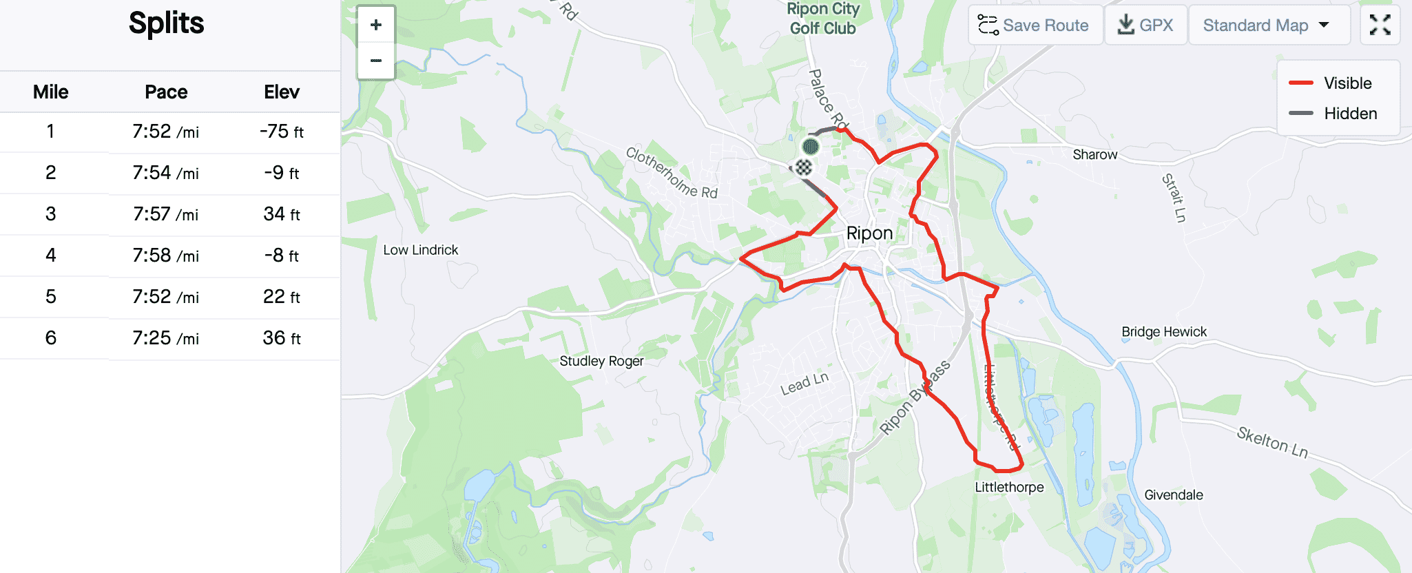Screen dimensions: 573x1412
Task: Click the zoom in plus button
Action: pos(376,25)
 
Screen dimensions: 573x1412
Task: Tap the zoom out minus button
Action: pos(376,61)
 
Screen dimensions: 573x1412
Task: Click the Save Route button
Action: pos(1035,25)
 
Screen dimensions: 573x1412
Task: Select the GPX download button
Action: pos(1145,25)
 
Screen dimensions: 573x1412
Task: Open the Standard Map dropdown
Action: pos(1268,25)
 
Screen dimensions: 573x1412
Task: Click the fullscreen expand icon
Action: pos(1380,25)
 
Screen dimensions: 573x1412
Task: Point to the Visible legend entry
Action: pos(1333,83)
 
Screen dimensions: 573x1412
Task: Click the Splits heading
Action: pos(167,23)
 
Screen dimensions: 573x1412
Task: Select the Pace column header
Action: pos(166,92)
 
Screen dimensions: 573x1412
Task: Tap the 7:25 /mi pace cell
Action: pos(166,338)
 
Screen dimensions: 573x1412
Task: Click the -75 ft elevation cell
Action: pos(282,132)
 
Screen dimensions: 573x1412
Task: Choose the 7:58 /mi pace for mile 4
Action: pos(166,256)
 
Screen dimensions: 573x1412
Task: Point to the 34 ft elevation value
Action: pos(282,214)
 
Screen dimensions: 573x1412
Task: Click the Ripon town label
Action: pos(869,233)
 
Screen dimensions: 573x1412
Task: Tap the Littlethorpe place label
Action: pos(1009,488)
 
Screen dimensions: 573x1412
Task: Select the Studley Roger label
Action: pos(601,361)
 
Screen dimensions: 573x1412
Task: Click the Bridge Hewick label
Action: pos(1164,332)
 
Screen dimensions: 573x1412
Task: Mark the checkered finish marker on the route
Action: pos(803,167)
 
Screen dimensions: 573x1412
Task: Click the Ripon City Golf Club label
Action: pos(823,19)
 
